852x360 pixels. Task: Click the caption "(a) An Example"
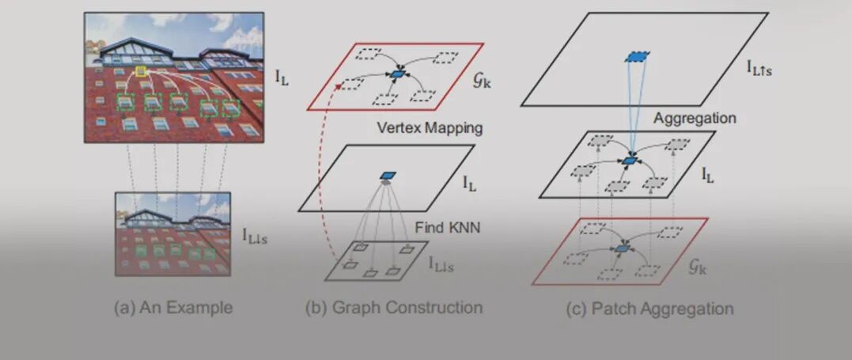(173, 308)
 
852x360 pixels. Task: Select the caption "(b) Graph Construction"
(393, 308)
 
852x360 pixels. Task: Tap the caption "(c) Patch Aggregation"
(649, 308)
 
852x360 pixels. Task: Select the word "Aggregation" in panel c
(695, 118)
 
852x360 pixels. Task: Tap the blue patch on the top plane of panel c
(636, 57)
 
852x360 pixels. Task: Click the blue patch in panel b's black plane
(387, 176)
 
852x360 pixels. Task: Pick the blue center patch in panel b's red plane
(397, 74)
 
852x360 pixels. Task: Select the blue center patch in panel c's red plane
(622, 249)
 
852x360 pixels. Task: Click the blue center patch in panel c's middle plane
(629, 161)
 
